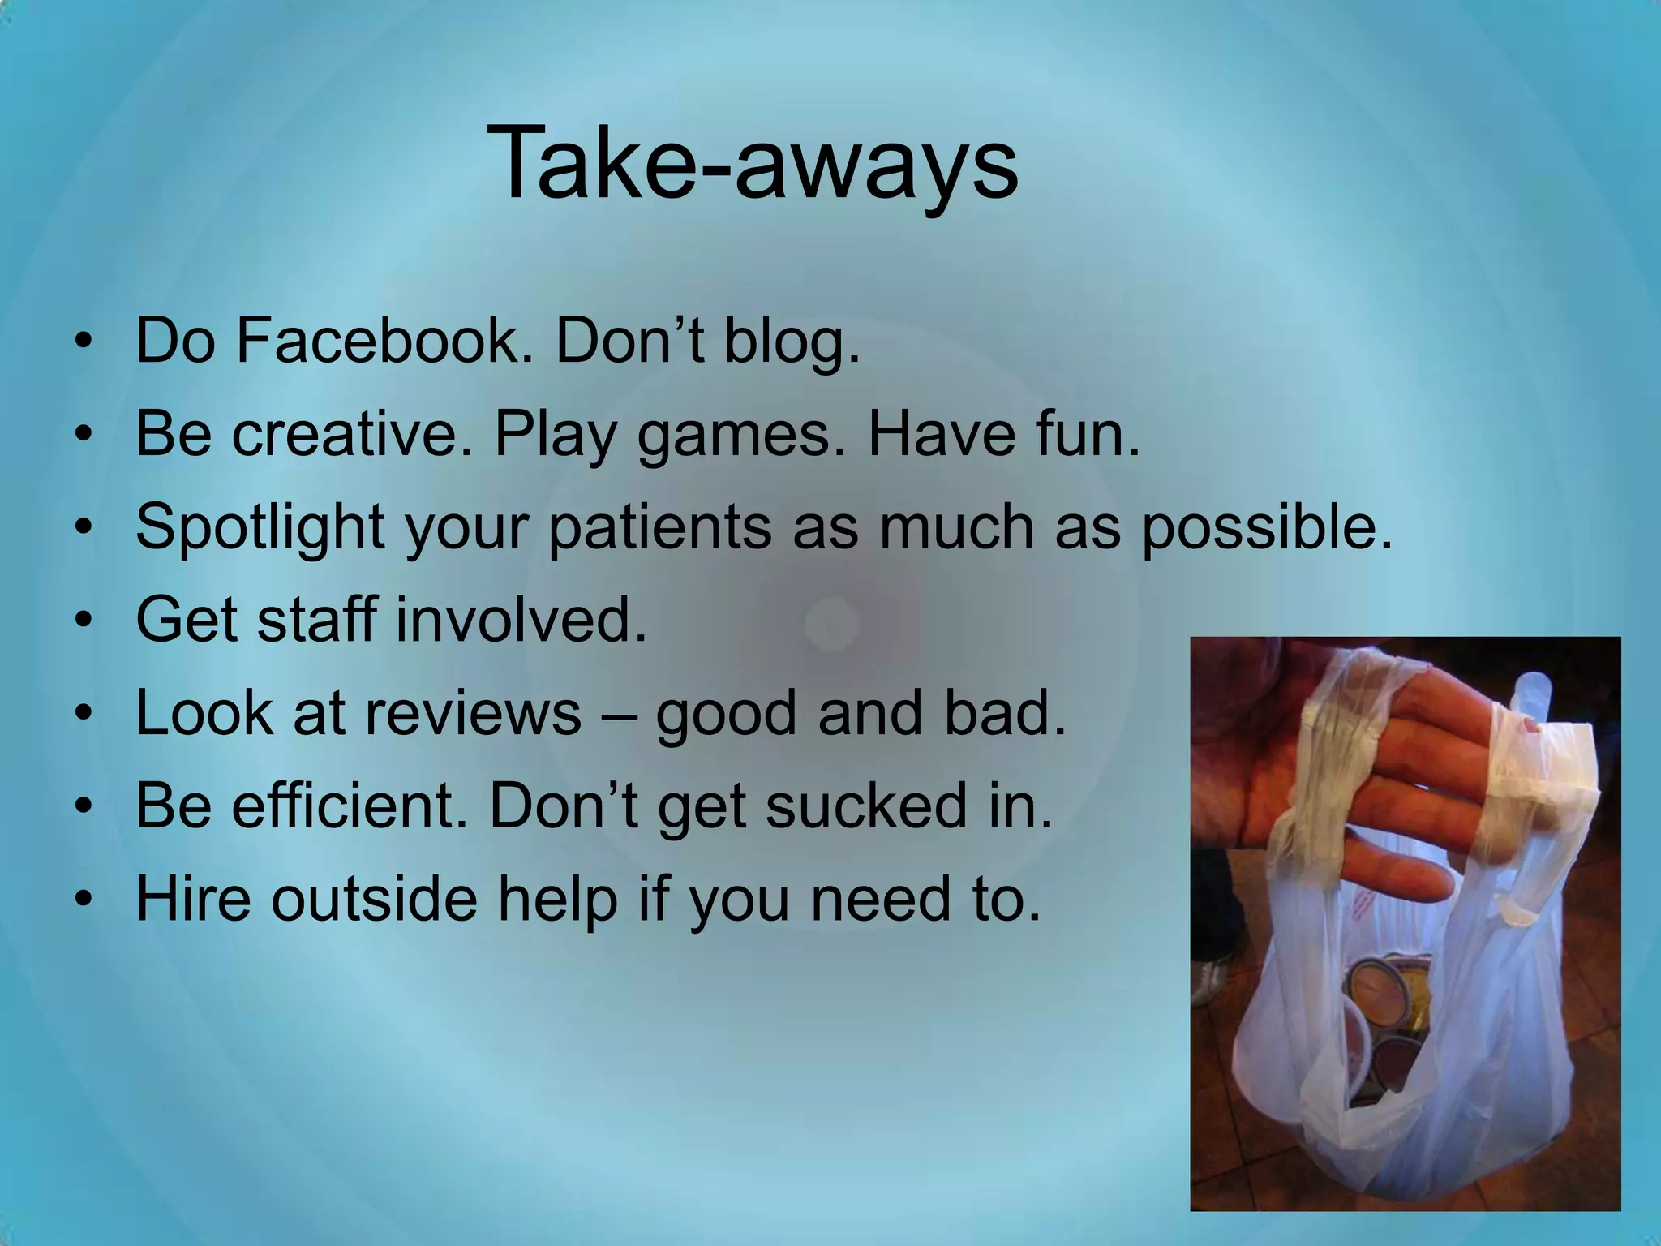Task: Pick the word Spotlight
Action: [260, 527]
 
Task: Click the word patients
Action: [660, 527]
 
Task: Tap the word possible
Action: [1266, 527]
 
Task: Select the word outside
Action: [374, 899]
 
